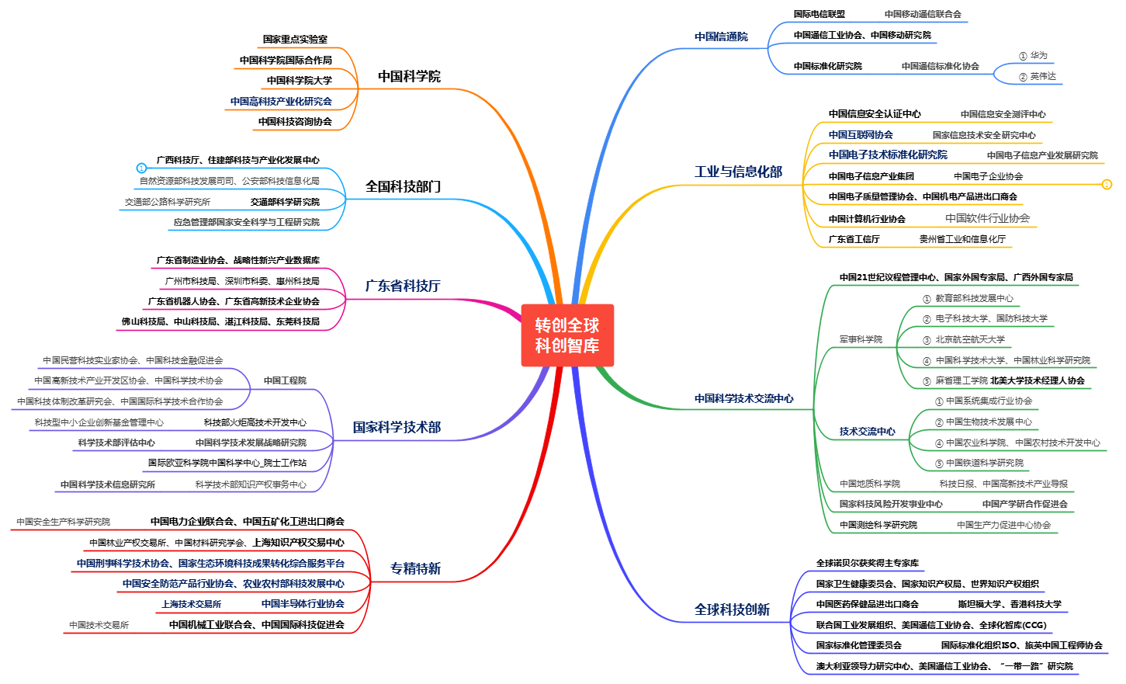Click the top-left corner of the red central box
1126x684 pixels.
tap(521, 304)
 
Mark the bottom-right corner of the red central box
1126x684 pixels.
tap(614, 366)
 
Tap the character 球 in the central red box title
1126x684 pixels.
tap(591, 325)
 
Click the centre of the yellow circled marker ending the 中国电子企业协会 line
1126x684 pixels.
tap(1107, 185)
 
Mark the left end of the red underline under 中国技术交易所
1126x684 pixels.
tap(64, 633)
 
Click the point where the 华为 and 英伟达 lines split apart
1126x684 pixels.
tap(994, 74)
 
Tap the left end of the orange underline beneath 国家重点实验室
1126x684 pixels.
tap(257, 48)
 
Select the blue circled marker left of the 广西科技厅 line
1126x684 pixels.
tap(141, 168)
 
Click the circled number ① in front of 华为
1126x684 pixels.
tap(1023, 57)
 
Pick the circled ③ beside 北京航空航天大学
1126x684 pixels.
tap(927, 341)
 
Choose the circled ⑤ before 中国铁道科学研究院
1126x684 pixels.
tap(938, 464)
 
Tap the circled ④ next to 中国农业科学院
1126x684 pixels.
tap(938, 443)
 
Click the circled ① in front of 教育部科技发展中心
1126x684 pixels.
tap(927, 299)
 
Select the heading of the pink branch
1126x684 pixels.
tap(403, 286)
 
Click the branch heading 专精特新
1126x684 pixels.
tap(415, 569)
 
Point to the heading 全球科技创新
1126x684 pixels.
tap(732, 609)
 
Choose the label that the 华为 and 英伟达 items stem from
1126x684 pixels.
tap(940, 67)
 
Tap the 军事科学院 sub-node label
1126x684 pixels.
tap(861, 339)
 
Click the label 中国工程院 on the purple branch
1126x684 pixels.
tap(285, 380)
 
